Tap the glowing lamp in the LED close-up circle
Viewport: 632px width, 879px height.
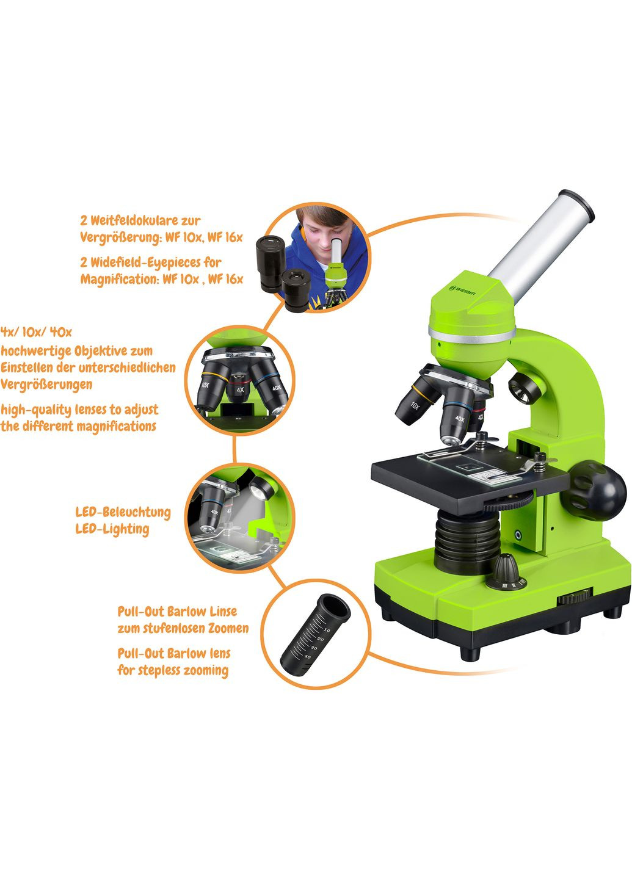click(261, 488)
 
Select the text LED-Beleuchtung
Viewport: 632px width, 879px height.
click(123, 512)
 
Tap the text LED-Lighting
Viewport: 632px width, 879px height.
click(112, 529)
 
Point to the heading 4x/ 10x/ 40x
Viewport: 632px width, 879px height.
click(36, 332)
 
